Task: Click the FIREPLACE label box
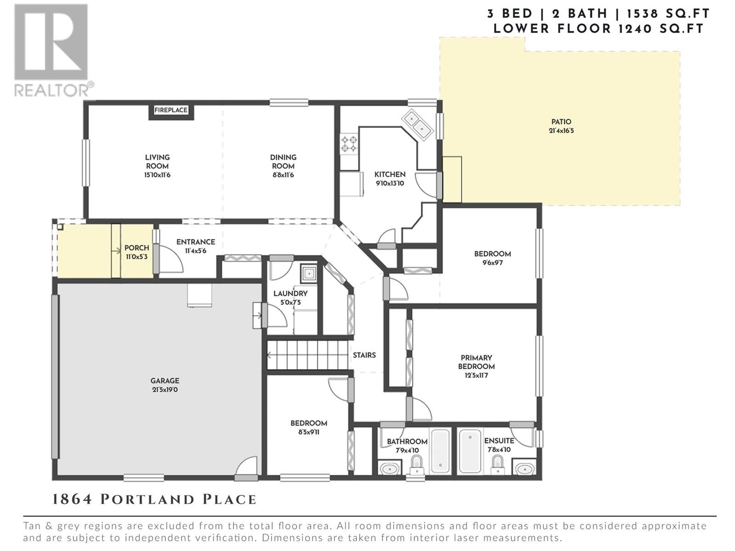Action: (x=171, y=110)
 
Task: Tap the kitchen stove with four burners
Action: (x=349, y=144)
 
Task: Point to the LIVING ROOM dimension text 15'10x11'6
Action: (x=158, y=175)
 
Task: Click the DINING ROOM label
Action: (x=283, y=162)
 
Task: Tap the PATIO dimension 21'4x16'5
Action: (x=561, y=130)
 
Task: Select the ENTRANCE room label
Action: (x=196, y=242)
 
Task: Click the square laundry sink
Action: (x=309, y=274)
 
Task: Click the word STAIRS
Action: (x=364, y=355)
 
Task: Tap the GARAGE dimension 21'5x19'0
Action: (x=164, y=390)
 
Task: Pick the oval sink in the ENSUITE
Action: (x=525, y=468)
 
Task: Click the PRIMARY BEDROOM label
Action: (x=476, y=362)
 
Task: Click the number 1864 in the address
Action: (x=72, y=500)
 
